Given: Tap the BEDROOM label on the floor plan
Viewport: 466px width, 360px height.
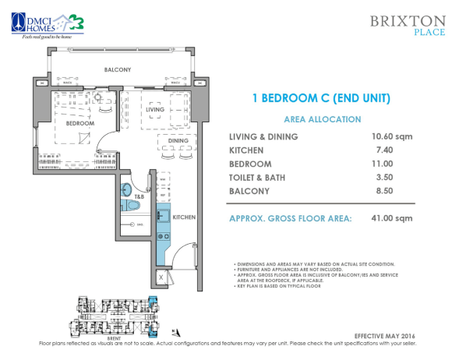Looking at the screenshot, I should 79,124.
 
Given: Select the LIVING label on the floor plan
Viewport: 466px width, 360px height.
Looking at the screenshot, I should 155,111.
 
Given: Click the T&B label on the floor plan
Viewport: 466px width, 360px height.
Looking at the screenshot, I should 138,197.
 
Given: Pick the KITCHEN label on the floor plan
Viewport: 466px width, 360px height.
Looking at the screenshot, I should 183,217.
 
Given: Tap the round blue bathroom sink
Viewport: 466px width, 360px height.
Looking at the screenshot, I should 126,189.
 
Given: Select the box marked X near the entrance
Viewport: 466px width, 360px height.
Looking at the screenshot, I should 161,277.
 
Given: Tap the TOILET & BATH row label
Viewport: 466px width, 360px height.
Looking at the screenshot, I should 256,177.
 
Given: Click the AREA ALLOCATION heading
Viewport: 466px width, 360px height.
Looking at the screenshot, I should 322,119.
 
